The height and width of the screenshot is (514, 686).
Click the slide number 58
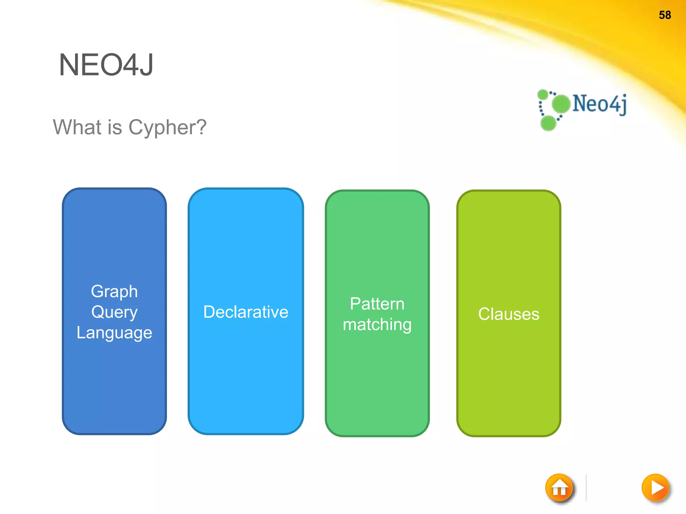pyautogui.click(x=665, y=15)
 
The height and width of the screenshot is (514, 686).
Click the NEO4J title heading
pyautogui.click(x=106, y=65)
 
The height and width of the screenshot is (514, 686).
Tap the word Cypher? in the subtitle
pyautogui.click(x=167, y=127)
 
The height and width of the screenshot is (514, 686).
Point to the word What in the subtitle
pyautogui.click(x=77, y=127)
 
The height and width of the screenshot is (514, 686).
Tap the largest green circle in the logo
pyautogui.click(x=561, y=104)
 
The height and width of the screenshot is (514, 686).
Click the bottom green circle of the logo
pyautogui.click(x=548, y=123)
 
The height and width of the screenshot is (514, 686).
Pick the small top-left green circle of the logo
pyautogui.click(x=543, y=94)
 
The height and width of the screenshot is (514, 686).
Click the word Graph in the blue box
pyautogui.click(x=114, y=291)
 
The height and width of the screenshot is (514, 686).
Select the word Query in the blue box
pyautogui.click(x=114, y=312)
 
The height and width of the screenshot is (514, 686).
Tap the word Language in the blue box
pyautogui.click(x=114, y=333)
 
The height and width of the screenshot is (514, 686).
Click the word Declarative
pyautogui.click(x=246, y=312)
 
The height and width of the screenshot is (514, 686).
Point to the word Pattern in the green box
pyautogui.click(x=377, y=304)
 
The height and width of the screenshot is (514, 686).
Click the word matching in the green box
pyautogui.click(x=377, y=325)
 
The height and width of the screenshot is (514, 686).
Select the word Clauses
pyautogui.click(x=508, y=314)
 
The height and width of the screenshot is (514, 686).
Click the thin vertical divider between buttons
pyautogui.click(x=586, y=487)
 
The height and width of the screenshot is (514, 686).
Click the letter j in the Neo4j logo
pyautogui.click(x=623, y=104)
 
